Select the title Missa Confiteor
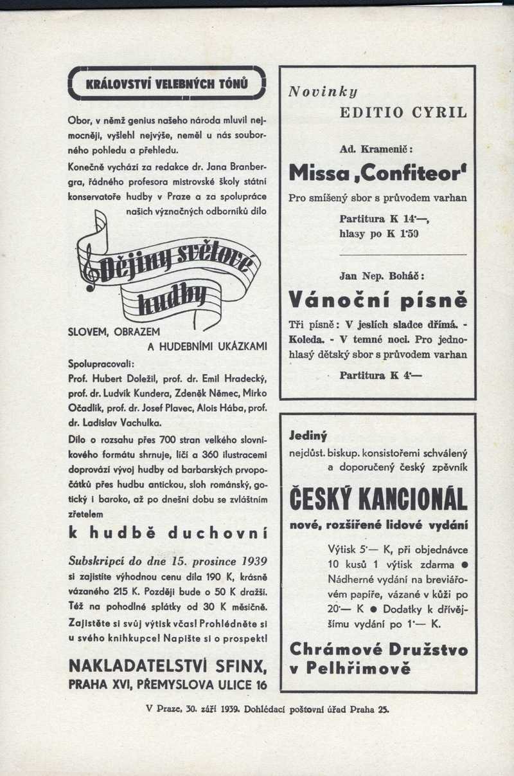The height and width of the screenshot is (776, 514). [x=378, y=172]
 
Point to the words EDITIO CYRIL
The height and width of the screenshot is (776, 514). [x=403, y=112]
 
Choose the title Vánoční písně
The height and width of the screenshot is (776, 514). [x=378, y=299]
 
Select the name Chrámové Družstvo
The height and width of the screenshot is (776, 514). [x=378, y=649]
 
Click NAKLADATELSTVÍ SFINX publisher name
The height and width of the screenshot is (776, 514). [x=168, y=664]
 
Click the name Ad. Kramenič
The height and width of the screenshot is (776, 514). [x=376, y=149]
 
